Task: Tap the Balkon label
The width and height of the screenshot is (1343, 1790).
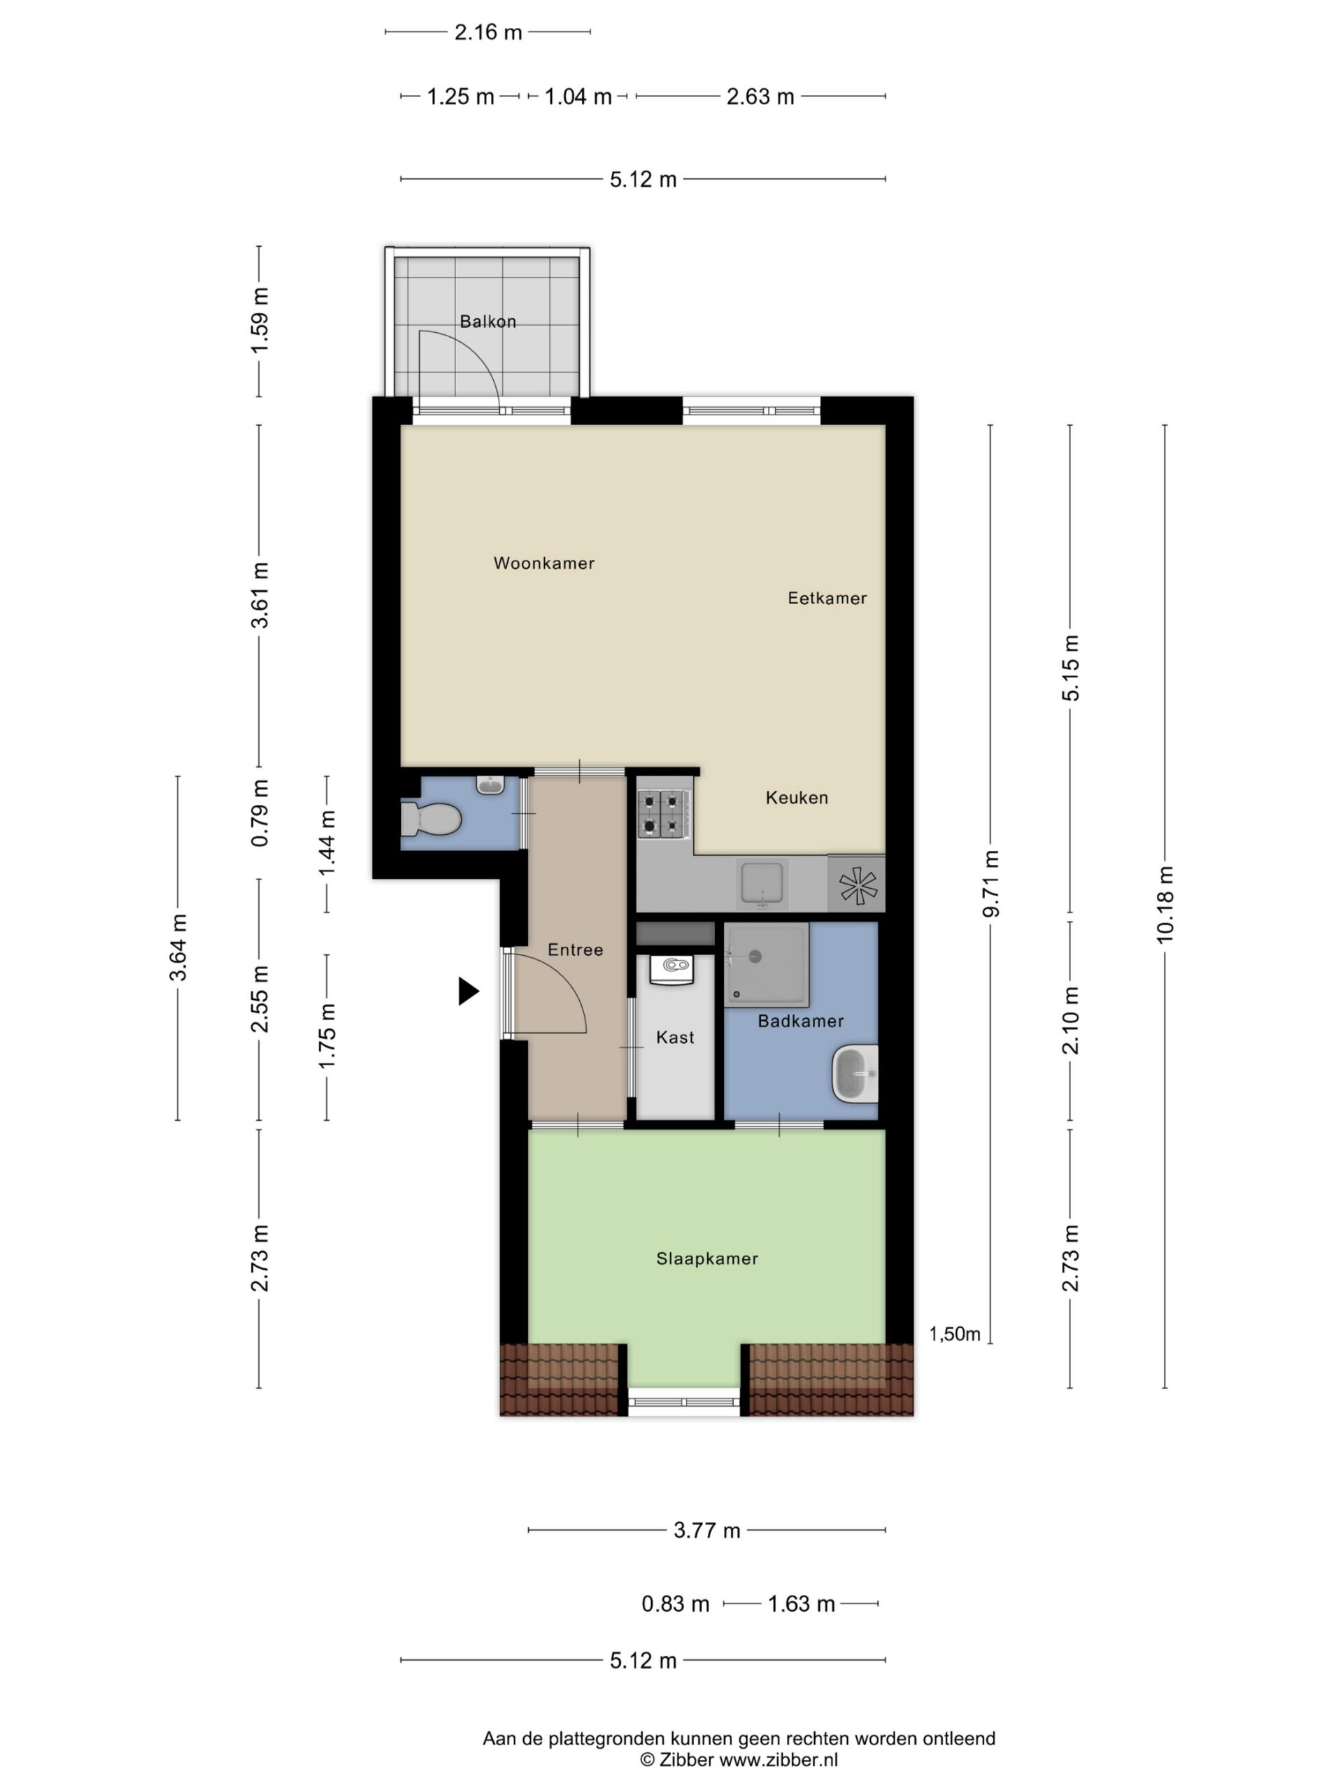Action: (x=488, y=321)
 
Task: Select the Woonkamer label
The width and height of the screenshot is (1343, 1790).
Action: (x=544, y=563)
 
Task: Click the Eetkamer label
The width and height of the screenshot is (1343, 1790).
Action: (x=827, y=598)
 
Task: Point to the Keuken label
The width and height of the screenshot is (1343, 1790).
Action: (x=797, y=798)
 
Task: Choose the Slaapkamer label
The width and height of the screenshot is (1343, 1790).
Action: (x=706, y=1259)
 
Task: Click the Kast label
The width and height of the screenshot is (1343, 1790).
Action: (x=675, y=1038)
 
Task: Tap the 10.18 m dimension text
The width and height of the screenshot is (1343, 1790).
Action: (x=1165, y=905)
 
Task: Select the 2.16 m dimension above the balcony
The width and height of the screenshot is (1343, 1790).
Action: (x=488, y=32)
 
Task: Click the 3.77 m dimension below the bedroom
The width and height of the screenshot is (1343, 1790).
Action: (x=706, y=1530)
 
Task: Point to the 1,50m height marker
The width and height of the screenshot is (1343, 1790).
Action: (x=954, y=1333)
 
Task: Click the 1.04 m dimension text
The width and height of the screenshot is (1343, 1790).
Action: (x=578, y=97)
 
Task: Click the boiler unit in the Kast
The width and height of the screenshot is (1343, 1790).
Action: (x=672, y=968)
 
